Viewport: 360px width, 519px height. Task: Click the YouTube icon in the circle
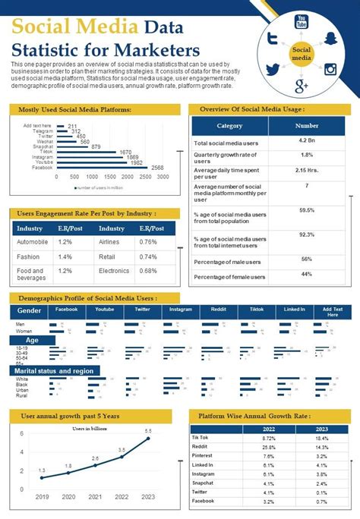point(302,21)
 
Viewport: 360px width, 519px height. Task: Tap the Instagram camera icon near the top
point(330,70)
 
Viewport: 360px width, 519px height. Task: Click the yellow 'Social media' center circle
point(302,53)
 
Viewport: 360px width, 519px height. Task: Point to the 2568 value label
point(157,167)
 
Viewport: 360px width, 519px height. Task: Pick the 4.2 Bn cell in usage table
point(307,141)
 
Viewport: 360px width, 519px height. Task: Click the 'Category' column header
point(229,126)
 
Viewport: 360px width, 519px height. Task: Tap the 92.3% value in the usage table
point(307,234)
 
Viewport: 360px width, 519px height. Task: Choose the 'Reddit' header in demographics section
point(218,310)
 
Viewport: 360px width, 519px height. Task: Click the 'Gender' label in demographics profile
point(29,311)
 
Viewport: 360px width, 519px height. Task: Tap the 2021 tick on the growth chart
point(96,497)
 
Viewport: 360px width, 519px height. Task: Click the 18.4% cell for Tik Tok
point(322,439)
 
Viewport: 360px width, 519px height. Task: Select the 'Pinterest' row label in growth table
point(203,456)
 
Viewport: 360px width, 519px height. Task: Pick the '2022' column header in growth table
point(269,429)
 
